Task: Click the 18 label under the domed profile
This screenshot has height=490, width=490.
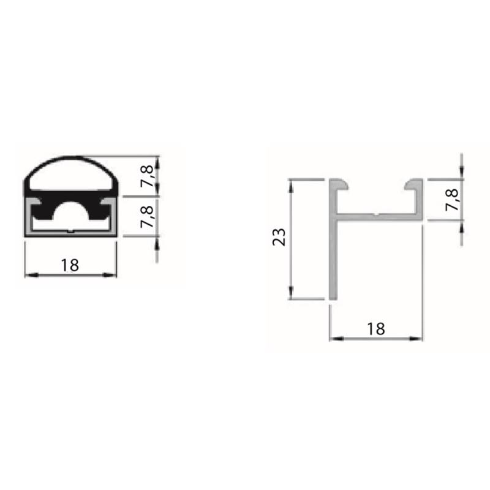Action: (70, 265)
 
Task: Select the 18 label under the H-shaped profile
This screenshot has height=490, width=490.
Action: (376, 329)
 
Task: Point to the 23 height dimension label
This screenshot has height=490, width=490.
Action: (279, 237)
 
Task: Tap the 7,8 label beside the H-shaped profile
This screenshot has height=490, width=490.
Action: (452, 200)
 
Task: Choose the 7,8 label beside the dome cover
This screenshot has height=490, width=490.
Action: (148, 176)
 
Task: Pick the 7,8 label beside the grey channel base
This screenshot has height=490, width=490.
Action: (148, 216)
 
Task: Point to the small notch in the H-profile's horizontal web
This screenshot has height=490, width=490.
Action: (377, 215)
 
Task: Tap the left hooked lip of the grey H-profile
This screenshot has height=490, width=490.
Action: (339, 184)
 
